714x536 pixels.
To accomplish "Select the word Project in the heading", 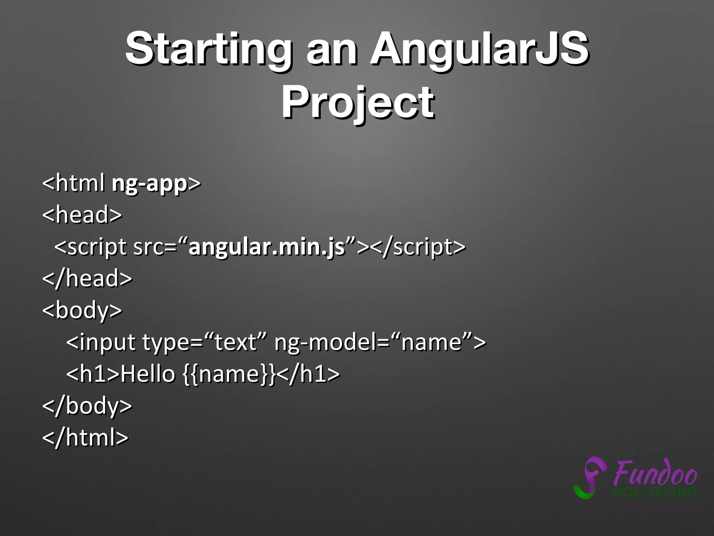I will coord(358,102).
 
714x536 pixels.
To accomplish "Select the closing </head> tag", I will coord(87,278).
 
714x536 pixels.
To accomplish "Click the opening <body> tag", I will coord(82,310).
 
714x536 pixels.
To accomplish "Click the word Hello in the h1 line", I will coord(147,374).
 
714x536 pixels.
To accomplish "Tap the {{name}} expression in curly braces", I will coord(229,374).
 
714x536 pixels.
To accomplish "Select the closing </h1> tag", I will coord(308,374).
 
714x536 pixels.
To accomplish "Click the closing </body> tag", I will coord(87,406).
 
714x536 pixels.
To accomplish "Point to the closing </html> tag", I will coord(85,437).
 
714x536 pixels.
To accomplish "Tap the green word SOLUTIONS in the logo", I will coord(655,492).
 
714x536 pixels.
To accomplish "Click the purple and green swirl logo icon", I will coord(589,478).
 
